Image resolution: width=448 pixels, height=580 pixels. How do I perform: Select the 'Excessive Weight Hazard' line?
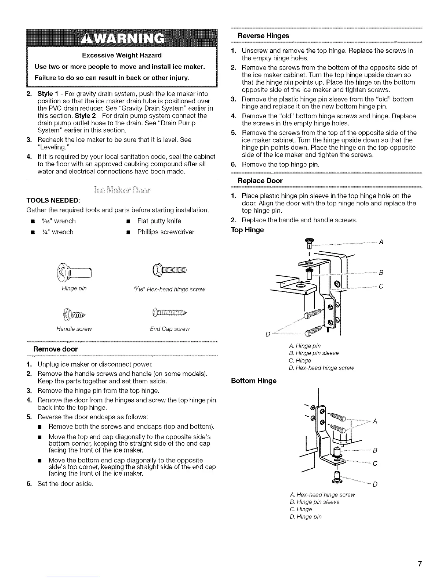122,55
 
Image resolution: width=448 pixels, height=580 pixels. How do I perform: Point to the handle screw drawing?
74,314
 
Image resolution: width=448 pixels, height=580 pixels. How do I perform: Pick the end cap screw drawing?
169,313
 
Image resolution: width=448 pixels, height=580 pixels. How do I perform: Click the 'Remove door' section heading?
55,349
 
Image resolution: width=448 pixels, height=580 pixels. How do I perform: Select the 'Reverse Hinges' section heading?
263,36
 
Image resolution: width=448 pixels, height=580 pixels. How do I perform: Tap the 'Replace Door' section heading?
260,181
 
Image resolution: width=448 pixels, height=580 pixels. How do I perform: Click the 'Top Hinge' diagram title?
247,230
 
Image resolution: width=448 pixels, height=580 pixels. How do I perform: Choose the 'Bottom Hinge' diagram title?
254,380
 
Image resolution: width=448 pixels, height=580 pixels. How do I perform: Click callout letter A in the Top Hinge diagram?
381,242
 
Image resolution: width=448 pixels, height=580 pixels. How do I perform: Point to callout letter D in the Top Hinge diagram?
268,334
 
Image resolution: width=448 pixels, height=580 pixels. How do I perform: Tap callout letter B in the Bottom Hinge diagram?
375,450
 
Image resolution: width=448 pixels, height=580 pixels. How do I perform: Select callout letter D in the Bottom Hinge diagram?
375,485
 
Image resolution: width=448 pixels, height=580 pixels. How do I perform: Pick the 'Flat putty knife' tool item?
159,221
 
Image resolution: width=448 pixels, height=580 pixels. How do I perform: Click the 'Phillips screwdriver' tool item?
165,232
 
